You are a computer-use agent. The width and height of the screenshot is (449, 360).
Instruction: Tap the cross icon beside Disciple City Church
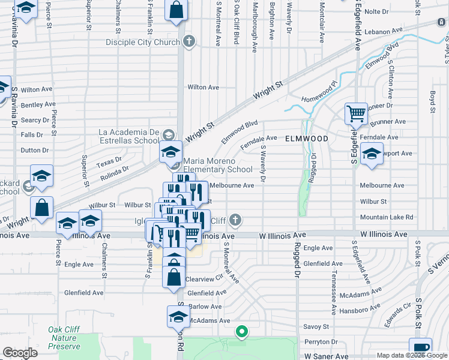click(x=190, y=41)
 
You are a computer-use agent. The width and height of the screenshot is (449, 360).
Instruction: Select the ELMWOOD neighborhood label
click(x=307, y=139)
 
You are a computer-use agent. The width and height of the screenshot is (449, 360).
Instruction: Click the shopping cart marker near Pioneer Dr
click(x=356, y=113)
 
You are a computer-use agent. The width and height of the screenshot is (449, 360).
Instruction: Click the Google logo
click(x=20, y=352)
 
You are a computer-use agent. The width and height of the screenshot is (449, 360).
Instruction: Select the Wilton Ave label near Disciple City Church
click(x=202, y=87)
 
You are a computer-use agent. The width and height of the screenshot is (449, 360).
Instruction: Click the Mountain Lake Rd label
click(x=387, y=217)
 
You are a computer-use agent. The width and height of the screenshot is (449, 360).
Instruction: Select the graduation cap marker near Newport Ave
click(x=372, y=154)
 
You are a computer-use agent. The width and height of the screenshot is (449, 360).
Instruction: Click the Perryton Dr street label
click(x=318, y=341)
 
